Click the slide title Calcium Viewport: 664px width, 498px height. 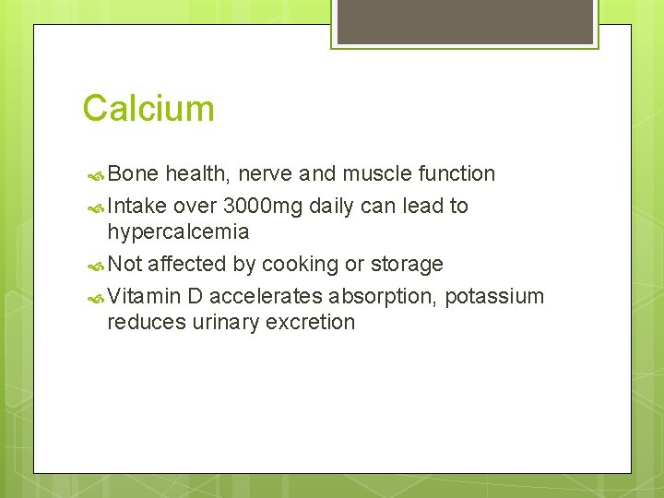[x=148, y=108]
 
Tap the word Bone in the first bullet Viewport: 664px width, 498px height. [x=133, y=173]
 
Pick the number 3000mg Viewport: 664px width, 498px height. [x=263, y=206]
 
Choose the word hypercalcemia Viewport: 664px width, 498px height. [x=178, y=231]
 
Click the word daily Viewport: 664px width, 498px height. [x=331, y=206]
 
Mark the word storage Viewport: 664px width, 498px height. [x=407, y=264]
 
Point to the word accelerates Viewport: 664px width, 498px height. [x=266, y=296]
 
